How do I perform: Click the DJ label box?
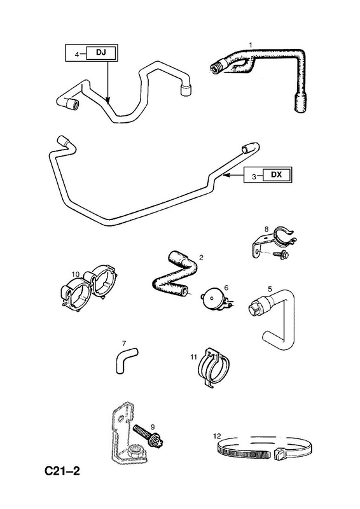click(100, 52)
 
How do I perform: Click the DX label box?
click(276, 174)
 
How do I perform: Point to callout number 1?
click(250, 44)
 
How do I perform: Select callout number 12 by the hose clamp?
click(216, 436)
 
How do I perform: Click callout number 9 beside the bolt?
click(151, 426)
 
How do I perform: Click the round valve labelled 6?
click(213, 298)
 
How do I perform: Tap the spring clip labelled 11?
click(214, 367)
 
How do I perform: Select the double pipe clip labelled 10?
click(88, 289)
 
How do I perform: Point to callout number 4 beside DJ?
click(77, 55)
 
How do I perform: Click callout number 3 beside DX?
click(254, 177)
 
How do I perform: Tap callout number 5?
click(270, 288)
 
